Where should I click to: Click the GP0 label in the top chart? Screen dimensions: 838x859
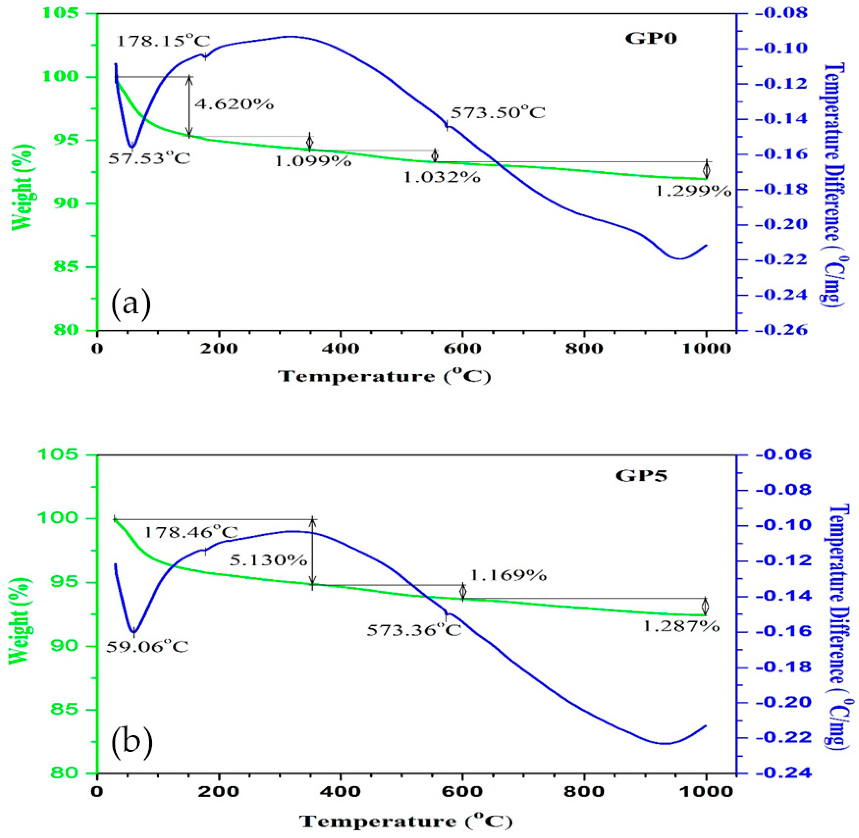click(651, 39)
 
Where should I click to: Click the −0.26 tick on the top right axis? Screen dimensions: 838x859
click(781, 330)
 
